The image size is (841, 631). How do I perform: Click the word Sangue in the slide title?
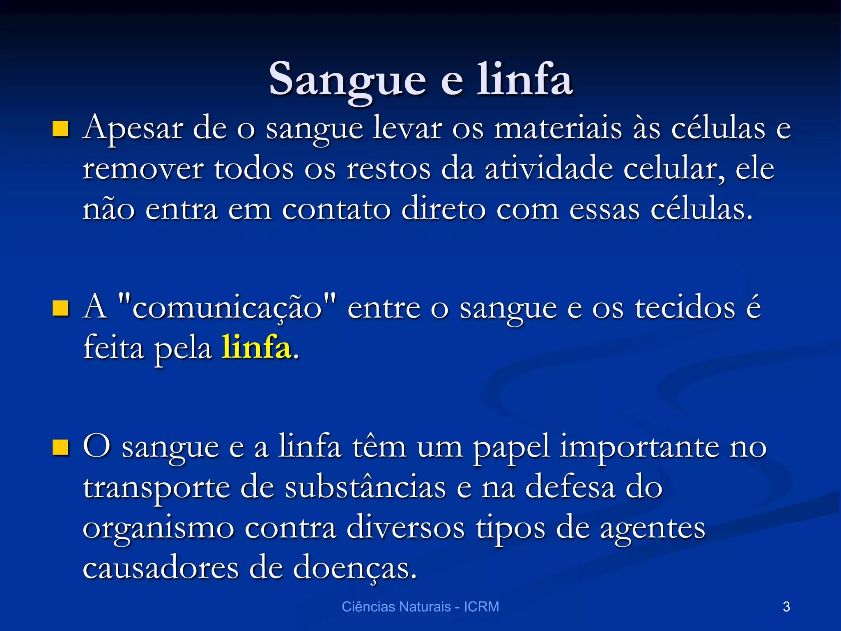pyautogui.click(x=347, y=80)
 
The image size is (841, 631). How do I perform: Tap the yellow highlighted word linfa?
pyautogui.click(x=256, y=348)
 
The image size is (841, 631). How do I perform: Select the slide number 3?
pyautogui.click(x=786, y=606)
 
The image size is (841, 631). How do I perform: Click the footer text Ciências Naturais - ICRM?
pyautogui.click(x=420, y=606)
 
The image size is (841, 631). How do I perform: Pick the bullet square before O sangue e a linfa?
pyautogui.click(x=60, y=447)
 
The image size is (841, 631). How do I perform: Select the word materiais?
pyautogui.click(x=558, y=129)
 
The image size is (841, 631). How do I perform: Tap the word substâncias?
pyautogui.click(x=365, y=488)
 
